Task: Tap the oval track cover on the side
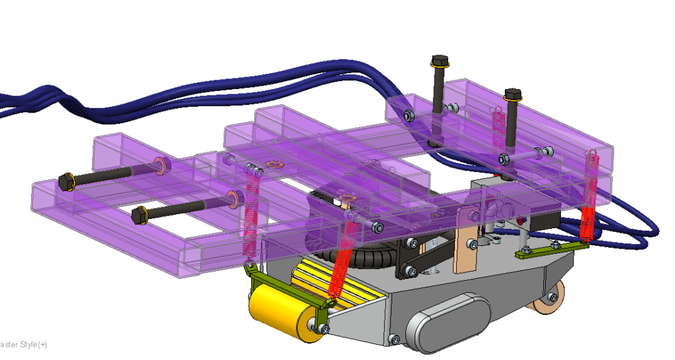tap(449, 322)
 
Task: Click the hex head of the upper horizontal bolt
tap(66, 181)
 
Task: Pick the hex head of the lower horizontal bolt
tap(139, 215)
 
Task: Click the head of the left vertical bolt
tap(440, 61)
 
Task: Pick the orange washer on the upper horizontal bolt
tap(160, 164)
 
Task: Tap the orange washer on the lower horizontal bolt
tap(232, 197)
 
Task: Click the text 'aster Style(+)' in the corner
tap(23, 345)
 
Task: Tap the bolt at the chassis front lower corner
tap(394, 339)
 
